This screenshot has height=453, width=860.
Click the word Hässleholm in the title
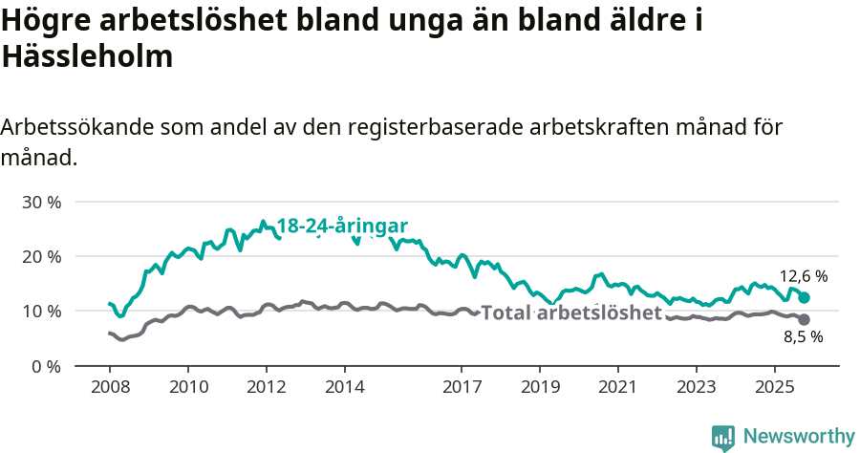click(x=88, y=56)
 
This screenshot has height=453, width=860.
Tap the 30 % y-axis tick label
click(x=41, y=202)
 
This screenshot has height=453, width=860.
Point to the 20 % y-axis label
click(x=41, y=256)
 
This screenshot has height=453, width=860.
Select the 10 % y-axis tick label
click(x=41, y=311)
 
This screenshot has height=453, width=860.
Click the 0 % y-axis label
click(x=46, y=366)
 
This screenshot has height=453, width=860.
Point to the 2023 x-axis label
click(x=696, y=388)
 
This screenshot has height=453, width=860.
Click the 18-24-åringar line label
click(x=342, y=226)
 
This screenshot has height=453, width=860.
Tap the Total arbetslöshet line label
click(x=570, y=313)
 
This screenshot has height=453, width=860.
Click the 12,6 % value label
click(x=804, y=276)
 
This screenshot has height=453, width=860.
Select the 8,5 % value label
click(x=804, y=336)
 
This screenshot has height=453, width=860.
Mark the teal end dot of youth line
click(x=804, y=298)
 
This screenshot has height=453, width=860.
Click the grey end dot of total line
click(x=804, y=319)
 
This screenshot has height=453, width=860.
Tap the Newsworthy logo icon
click(x=723, y=437)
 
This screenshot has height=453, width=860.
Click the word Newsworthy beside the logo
click(x=799, y=437)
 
